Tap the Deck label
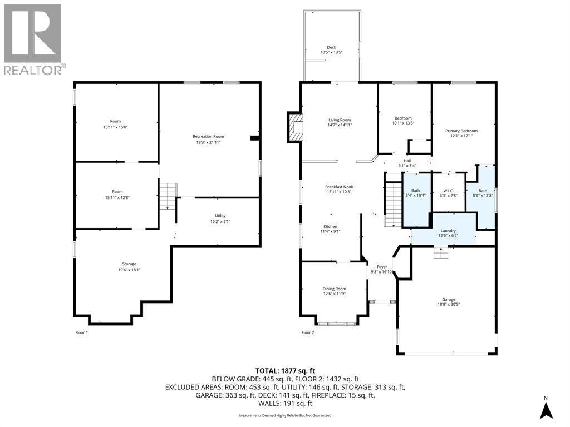coord(331,47)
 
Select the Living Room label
coord(340,120)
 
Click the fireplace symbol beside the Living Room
coord(295,127)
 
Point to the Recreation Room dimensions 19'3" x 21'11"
coord(208,142)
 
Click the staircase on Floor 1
coord(168,196)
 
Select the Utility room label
coord(220,216)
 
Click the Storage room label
coord(129,264)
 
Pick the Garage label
coord(449,300)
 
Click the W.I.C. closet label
coord(448,191)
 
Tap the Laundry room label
coord(448,231)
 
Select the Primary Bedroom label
coord(461,131)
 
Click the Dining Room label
coord(335,289)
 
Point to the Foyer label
coord(382,267)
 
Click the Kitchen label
coord(331,227)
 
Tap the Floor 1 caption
coord(81,332)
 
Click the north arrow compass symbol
coord(546,409)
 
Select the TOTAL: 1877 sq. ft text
coord(285,371)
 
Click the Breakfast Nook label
coord(339,187)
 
